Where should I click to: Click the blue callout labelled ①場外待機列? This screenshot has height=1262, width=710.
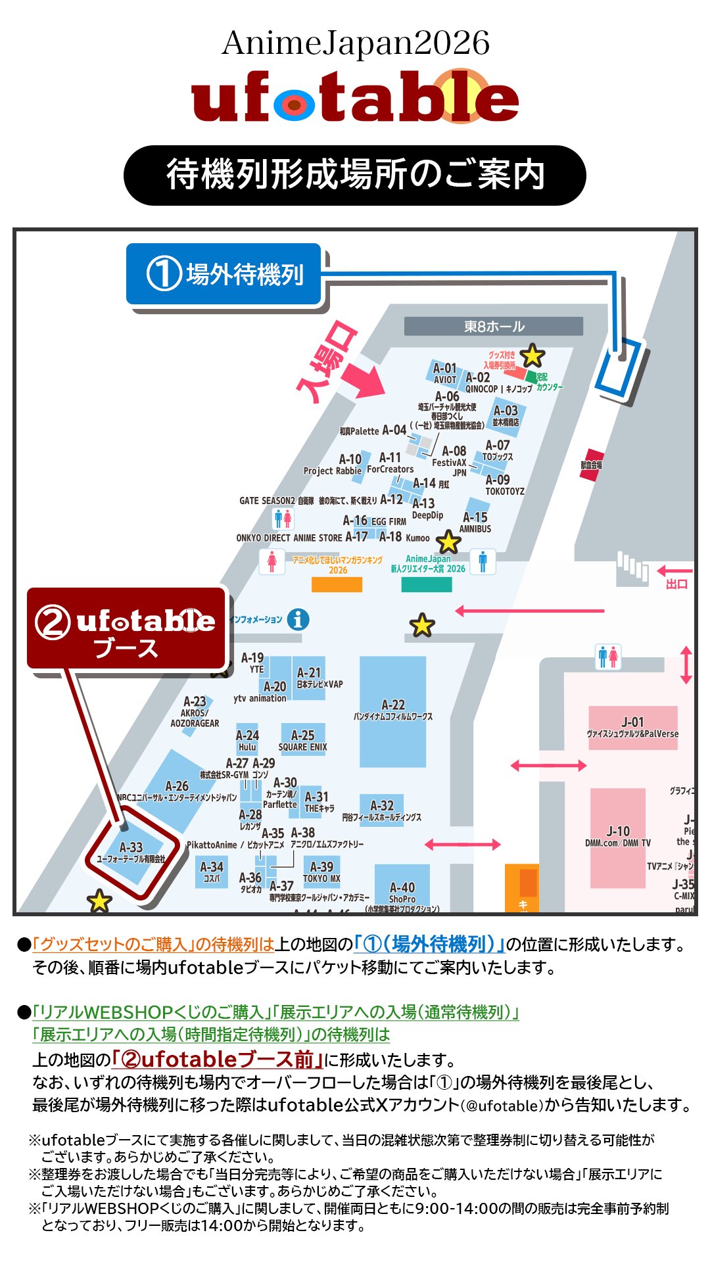(224, 274)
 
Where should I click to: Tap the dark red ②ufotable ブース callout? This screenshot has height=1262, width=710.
(126, 629)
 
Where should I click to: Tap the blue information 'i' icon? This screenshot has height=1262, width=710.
(298, 619)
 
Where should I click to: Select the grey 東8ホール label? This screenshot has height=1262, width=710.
(494, 327)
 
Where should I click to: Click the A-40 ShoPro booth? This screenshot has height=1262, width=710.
(402, 891)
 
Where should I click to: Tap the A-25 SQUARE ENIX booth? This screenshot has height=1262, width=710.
(302, 739)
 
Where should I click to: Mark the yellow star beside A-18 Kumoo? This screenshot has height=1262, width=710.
(448, 542)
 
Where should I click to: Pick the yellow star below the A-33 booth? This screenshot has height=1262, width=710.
(99, 901)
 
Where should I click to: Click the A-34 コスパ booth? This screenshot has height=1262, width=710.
(212, 872)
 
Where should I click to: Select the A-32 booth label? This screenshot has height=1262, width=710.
(382, 806)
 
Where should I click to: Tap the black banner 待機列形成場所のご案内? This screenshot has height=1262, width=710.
(355, 175)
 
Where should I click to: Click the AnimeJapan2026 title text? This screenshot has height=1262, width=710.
(355, 43)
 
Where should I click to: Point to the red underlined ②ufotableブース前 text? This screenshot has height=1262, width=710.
(217, 1059)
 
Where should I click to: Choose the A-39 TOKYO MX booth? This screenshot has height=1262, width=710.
(321, 872)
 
